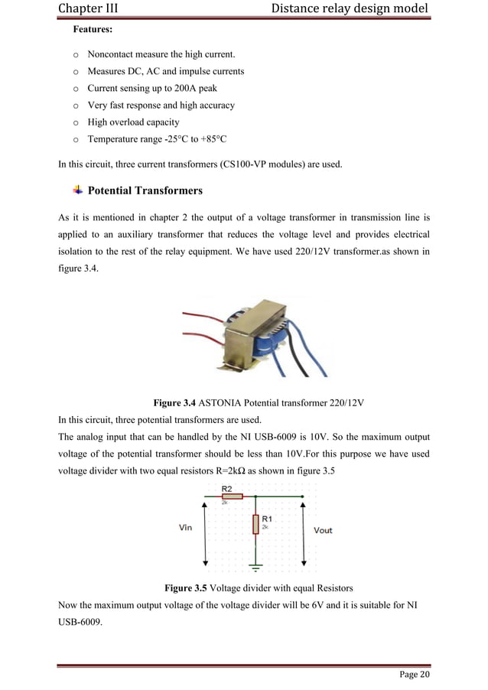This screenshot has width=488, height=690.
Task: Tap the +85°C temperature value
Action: click(210, 139)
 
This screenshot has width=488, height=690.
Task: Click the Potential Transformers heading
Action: click(145, 190)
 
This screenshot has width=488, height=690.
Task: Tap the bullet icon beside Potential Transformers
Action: click(77, 189)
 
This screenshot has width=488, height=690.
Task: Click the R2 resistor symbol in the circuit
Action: click(231, 496)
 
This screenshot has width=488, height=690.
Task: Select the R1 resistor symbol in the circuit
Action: click(255, 524)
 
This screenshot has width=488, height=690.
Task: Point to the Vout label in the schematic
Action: click(323, 530)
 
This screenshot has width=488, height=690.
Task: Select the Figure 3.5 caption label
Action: click(187, 589)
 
